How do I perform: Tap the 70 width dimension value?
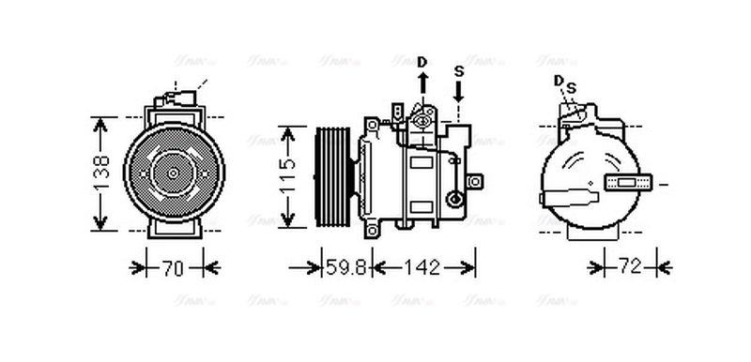point(171,268)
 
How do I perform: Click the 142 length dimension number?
point(421,268)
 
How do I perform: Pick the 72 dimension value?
point(629,268)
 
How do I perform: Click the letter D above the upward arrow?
point(422,62)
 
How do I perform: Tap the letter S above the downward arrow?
point(459,71)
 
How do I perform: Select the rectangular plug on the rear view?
point(625,182)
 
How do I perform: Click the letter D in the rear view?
point(559,81)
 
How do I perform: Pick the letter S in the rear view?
point(570,87)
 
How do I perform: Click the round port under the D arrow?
point(422,119)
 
